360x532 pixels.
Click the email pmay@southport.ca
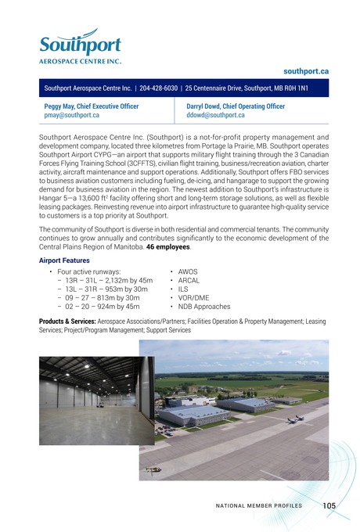click(x=71, y=115)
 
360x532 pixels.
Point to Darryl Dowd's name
click(x=207, y=106)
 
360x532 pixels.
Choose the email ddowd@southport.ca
click(x=216, y=115)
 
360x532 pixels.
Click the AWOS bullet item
click(x=189, y=271)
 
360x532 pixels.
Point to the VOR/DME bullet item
click(x=193, y=298)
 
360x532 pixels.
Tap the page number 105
click(x=329, y=506)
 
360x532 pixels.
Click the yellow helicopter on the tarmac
click(x=153, y=469)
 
